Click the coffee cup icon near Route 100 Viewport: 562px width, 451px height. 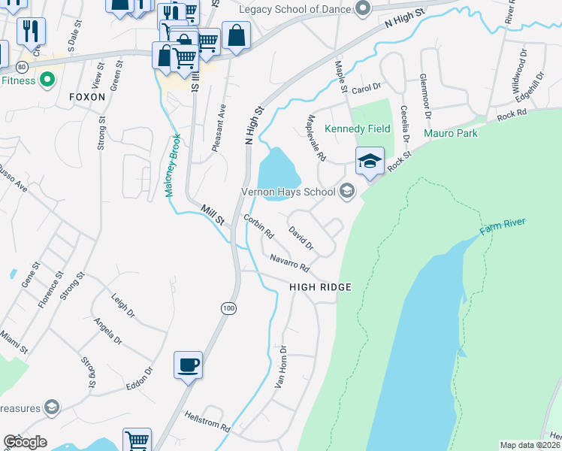point(188,365)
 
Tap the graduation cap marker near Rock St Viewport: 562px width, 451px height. point(370,161)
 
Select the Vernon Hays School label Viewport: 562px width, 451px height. point(288,192)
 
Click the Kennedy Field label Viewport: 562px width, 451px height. point(357,129)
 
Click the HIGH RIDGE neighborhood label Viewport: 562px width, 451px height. point(321,287)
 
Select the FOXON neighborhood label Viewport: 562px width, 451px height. point(86,97)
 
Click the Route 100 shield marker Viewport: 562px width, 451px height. point(228,307)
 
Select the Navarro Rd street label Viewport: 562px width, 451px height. point(290,262)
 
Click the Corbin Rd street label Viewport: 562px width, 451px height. point(258,226)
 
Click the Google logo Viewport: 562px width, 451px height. point(25,442)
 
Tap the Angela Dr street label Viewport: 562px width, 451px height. point(108,330)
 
